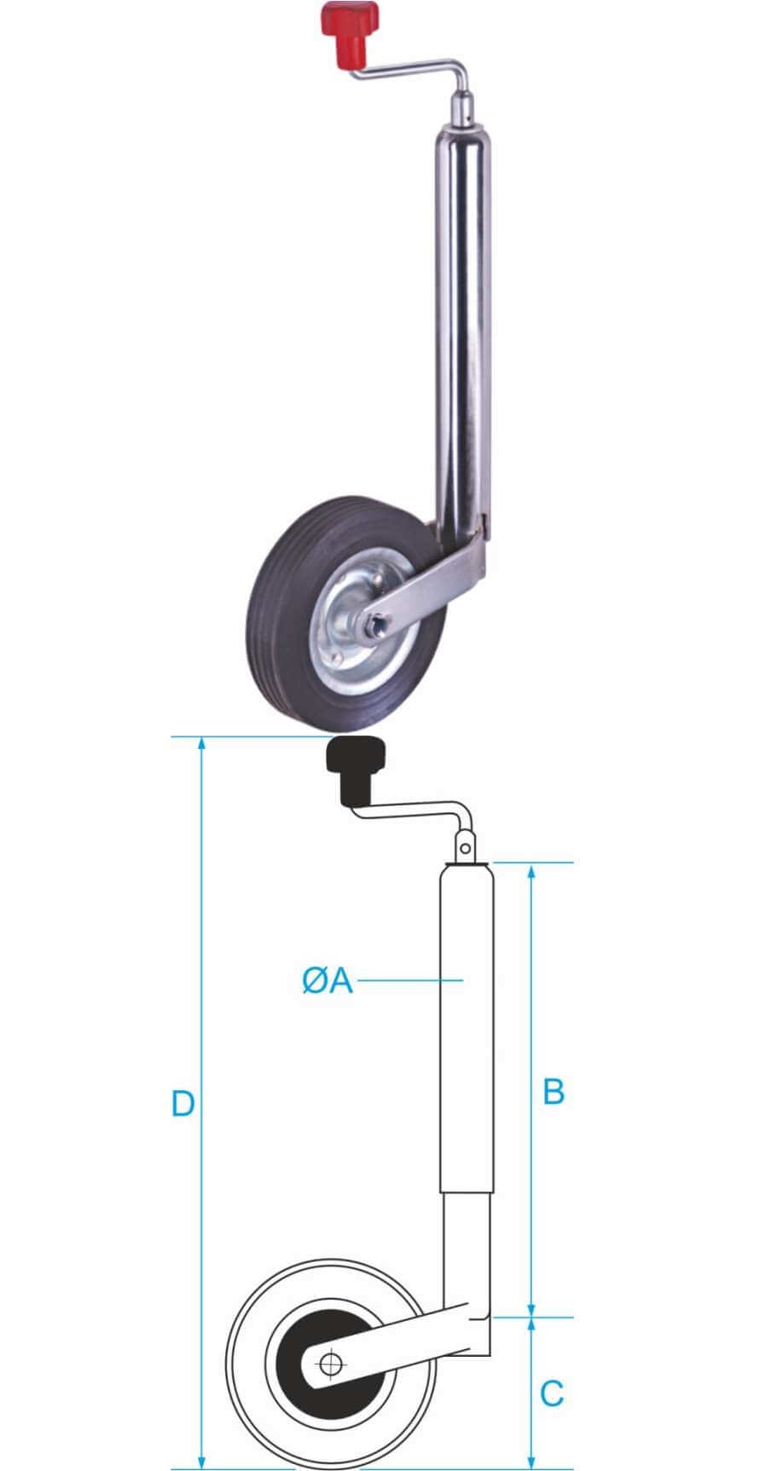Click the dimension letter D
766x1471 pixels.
pos(183,1103)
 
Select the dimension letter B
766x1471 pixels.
pos(554,1090)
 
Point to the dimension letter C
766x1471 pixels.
pos(552,1393)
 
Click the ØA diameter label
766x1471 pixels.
pos(327,980)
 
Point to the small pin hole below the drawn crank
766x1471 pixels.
pos(463,847)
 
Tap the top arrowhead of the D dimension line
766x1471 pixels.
pos(202,743)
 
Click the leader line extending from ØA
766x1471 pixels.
pos(409,981)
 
